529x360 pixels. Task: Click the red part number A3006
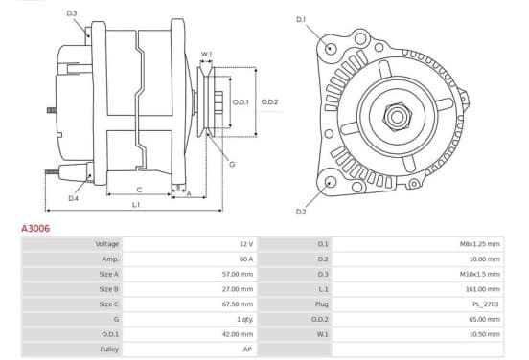pos(35,228)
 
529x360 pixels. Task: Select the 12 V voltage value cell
pos(246,244)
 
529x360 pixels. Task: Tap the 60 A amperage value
pos(246,259)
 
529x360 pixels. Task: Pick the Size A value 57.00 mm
pos(238,274)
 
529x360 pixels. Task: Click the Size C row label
pos(109,304)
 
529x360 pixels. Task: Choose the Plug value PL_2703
pos(486,304)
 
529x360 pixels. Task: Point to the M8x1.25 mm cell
pos(480,244)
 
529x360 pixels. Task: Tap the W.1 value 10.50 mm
pos(485,334)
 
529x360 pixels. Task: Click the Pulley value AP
pos(247,349)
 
